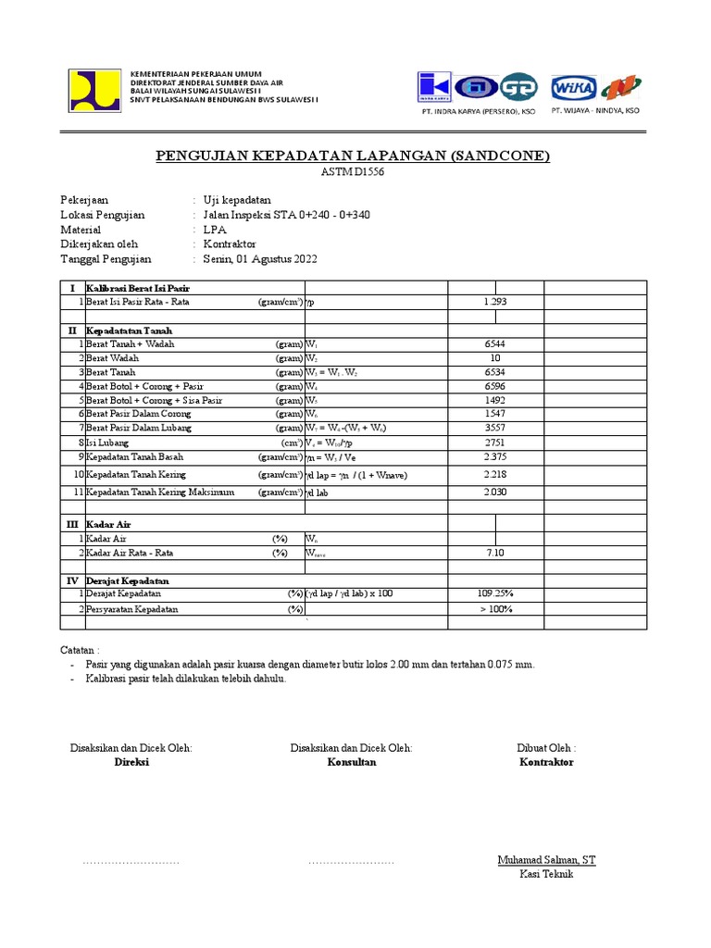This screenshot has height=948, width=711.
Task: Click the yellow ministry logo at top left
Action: (x=94, y=90)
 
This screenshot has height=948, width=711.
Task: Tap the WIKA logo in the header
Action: (x=573, y=88)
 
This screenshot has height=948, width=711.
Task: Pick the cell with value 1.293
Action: (x=495, y=302)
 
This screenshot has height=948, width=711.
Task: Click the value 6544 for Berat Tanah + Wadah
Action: (x=495, y=343)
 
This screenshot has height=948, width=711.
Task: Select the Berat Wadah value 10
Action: (x=495, y=357)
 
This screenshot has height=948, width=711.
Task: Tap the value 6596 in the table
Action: (x=495, y=386)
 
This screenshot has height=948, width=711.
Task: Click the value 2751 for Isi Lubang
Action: (x=495, y=443)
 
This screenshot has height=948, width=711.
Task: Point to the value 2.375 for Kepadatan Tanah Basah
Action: (x=495, y=457)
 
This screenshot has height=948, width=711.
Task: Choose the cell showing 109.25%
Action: (x=496, y=593)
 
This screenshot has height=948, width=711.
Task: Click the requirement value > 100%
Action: (x=496, y=609)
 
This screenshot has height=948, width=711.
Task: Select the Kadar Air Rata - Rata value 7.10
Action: (x=495, y=553)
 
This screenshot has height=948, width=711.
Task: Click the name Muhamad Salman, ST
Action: (x=546, y=860)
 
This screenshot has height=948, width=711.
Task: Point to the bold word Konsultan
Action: (x=351, y=762)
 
